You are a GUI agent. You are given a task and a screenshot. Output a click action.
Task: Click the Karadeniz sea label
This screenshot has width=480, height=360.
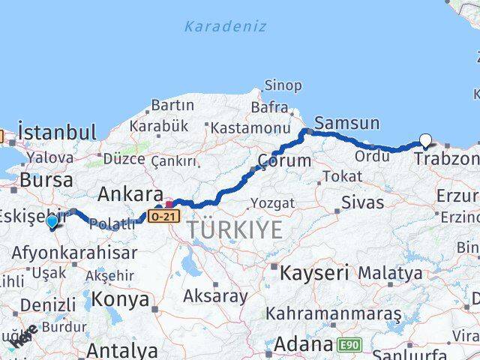coord(225,27)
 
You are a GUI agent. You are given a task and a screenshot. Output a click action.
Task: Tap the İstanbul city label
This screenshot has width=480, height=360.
coord(57,133)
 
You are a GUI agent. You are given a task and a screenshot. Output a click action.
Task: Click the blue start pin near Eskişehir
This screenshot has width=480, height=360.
coord(51,222)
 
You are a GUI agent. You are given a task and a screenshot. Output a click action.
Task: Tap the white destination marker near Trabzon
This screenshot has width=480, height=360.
coord(426,140)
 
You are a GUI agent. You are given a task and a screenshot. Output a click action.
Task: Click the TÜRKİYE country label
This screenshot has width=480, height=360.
coord(235,229)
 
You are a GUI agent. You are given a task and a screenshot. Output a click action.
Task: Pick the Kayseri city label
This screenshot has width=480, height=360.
coord(316,273)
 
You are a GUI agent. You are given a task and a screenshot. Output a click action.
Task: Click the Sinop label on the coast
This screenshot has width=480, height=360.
coord(284,85)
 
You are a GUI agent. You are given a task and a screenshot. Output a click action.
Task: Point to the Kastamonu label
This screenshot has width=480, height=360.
coord(250,128)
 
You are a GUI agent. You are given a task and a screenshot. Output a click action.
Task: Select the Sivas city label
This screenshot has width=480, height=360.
coord(362,202)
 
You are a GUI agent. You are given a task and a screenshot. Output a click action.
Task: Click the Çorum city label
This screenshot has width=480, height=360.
coord(284,160)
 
